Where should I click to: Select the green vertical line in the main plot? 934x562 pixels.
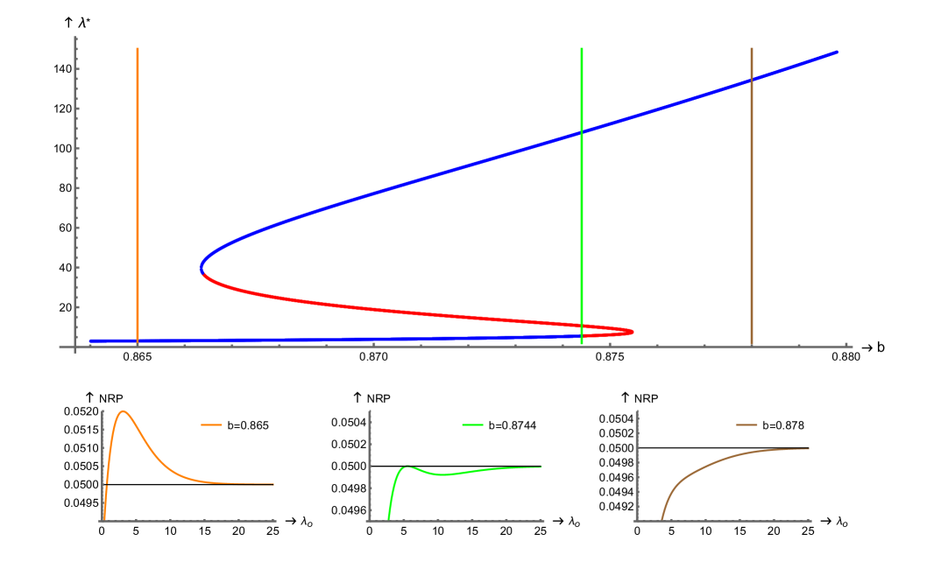coord(582,219)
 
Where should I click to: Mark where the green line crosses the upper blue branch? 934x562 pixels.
coord(582,132)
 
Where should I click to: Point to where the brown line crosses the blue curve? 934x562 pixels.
coord(752,80)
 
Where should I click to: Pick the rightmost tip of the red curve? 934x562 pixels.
coord(633,332)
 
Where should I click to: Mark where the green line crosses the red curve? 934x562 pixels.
coord(582,326)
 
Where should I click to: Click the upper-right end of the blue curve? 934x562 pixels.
coord(836,53)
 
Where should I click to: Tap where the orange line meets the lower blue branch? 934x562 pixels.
coord(138,341)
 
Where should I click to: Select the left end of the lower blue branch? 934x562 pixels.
coord(90,341)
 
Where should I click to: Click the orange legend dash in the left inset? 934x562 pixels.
coord(211,425)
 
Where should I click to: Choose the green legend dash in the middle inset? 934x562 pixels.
coord(473,425)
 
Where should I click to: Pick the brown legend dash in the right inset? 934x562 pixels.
coord(746,425)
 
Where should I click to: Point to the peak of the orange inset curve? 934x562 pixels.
coord(124,411)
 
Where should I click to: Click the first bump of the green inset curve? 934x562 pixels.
coord(407,467)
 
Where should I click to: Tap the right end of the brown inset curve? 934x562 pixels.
coord(808,449)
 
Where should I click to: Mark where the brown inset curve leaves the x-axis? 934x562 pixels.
coord(662,520)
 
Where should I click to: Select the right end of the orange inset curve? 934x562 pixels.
coord(273,484)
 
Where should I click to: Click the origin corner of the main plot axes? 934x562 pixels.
coord(76,347)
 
